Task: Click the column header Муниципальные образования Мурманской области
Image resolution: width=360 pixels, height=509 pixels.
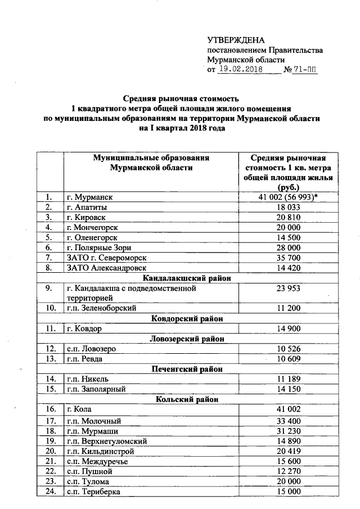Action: (151, 163)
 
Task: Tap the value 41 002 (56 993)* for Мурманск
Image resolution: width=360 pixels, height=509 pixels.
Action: (291, 197)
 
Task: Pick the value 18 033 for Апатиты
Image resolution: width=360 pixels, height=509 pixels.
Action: (291, 207)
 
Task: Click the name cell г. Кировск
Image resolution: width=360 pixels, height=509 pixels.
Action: (86, 217)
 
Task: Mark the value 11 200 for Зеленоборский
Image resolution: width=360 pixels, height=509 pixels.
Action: (291, 308)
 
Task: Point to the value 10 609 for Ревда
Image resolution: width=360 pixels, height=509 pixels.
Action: (291, 359)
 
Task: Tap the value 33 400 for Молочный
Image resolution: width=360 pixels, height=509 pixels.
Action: (291, 421)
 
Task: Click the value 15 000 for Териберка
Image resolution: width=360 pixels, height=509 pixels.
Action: (291, 492)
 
